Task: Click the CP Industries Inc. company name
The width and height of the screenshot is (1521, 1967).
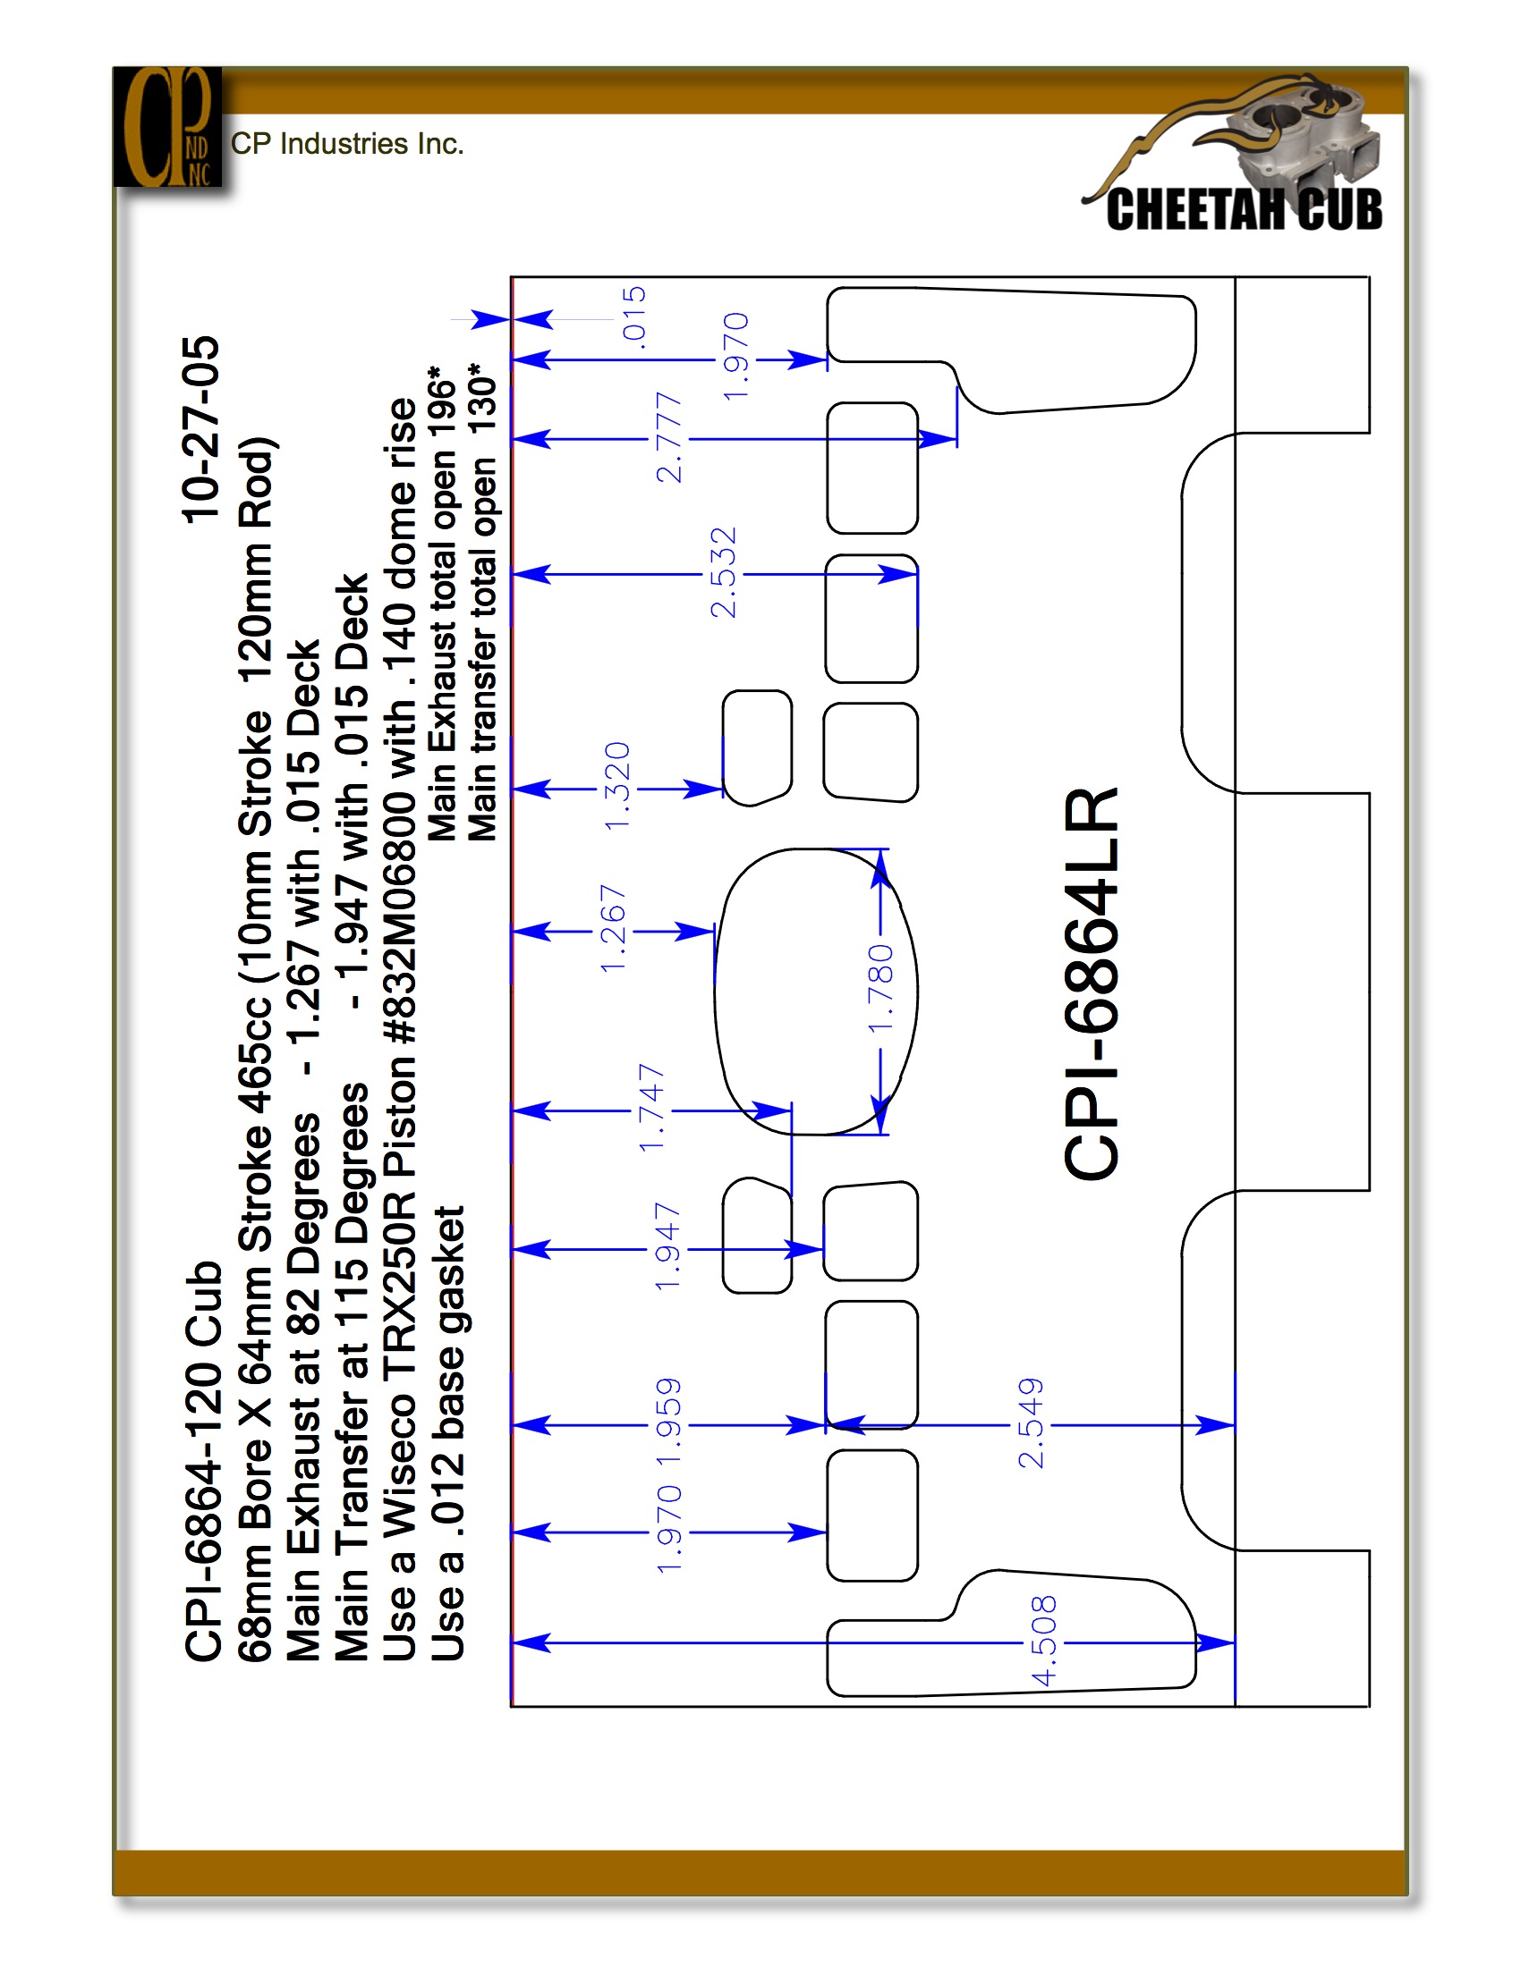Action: click(x=347, y=144)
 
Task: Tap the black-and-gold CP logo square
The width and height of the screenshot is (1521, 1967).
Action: click(x=167, y=126)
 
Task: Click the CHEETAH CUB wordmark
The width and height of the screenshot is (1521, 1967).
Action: click(x=1244, y=210)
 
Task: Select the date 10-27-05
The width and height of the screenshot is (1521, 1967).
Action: click(x=201, y=429)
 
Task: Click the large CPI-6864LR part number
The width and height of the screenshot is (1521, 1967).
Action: click(x=1092, y=983)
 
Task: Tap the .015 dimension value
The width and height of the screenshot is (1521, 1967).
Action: click(x=634, y=315)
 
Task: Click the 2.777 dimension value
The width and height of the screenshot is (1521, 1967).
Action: click(x=668, y=438)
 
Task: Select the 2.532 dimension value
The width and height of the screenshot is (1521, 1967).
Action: click(x=723, y=573)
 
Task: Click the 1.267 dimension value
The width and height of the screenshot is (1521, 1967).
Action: click(x=613, y=929)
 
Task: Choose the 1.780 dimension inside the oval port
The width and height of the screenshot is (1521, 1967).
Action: click(x=880, y=988)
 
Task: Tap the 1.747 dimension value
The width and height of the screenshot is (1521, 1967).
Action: click(x=650, y=1108)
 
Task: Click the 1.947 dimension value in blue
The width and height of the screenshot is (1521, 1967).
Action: click(x=667, y=1245)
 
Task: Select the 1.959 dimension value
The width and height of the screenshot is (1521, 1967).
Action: click(x=667, y=1422)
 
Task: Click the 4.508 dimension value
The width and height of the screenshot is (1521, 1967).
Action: click(x=1043, y=1640)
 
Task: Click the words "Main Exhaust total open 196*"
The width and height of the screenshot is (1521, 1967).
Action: click(x=441, y=604)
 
